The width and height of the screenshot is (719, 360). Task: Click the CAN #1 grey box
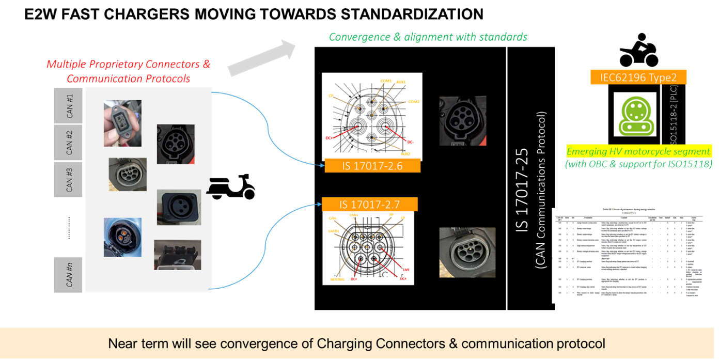pyautogui.click(x=69, y=105)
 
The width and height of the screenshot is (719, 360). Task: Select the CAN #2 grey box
pyautogui.click(x=69, y=143)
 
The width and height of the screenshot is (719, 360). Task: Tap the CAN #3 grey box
pyautogui.click(x=69, y=180)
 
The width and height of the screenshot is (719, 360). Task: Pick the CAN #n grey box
pyautogui.click(x=69, y=274)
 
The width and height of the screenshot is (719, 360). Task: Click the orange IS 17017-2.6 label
pyautogui.click(x=372, y=166)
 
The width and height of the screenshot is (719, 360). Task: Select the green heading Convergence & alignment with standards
pyautogui.click(x=428, y=37)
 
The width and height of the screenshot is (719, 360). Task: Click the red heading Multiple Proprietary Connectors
pyautogui.click(x=129, y=65)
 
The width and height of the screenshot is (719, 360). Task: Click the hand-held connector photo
pyautogui.click(x=122, y=123)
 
